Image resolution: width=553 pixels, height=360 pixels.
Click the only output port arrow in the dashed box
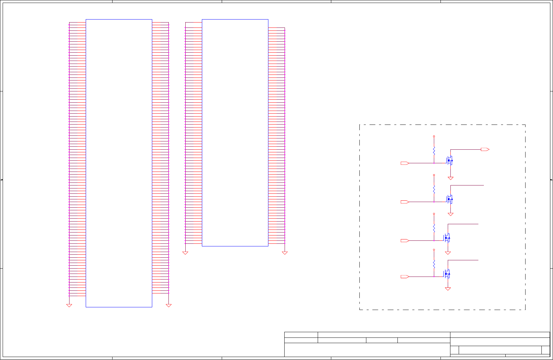pos(485,149)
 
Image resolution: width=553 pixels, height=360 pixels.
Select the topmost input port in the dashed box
pos(405,163)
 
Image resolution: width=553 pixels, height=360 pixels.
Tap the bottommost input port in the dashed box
pos(405,277)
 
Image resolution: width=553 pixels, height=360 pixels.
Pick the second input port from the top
pos(405,202)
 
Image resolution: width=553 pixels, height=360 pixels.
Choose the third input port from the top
pos(405,241)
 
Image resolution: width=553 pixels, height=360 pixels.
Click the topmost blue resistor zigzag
pos(434,151)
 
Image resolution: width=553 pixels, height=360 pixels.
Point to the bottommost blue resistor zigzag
pos(434,264)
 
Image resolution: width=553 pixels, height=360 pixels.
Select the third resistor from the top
pos(434,228)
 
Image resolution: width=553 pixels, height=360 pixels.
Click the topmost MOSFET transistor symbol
pos(449,161)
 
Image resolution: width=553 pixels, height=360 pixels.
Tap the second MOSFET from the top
pos(449,199)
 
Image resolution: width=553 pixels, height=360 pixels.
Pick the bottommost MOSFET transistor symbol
pos(447,274)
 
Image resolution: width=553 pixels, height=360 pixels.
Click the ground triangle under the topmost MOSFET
pos(450,179)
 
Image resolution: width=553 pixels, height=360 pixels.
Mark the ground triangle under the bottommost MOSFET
pos(448,289)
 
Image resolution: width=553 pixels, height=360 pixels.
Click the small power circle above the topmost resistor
pos(434,136)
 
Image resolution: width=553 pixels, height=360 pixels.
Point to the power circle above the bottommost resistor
pos(434,250)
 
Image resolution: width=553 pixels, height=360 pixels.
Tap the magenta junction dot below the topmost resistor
pos(434,163)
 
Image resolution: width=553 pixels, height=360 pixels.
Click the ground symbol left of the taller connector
pos(69,306)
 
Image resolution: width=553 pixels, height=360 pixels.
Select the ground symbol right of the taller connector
pos(168,306)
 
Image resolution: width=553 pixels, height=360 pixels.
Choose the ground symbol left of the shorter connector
pos(185,253)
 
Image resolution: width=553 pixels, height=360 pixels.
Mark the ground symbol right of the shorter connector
pos(285,253)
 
